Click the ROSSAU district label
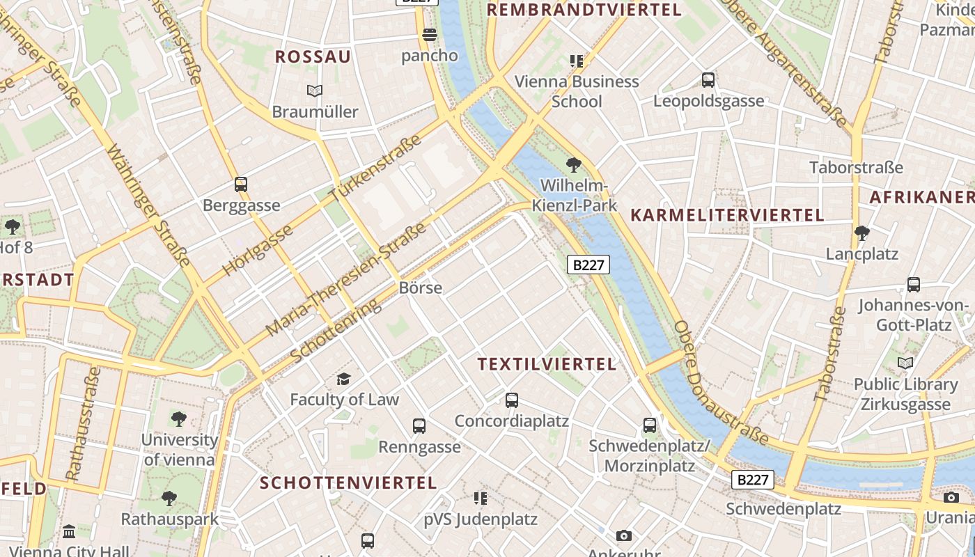coord(313,57)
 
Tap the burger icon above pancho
coord(430,34)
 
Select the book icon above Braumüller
coord(315,91)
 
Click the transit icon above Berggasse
coord(241,185)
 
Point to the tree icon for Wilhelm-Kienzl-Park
coord(574,165)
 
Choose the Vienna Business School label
coord(577,91)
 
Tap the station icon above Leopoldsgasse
coord(708,80)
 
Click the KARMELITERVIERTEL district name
coord(727,215)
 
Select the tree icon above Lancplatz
coord(862,233)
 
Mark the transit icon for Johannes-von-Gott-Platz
coord(913,285)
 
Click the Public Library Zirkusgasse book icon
coord(905,363)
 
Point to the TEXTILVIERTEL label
coord(547,364)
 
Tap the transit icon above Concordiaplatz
coord(512,400)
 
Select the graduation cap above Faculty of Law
coord(343,379)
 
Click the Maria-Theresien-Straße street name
coord(345,279)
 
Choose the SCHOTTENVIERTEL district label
coord(348,483)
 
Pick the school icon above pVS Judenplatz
coord(480,499)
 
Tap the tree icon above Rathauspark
coord(169,499)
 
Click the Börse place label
coord(421,288)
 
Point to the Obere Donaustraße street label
coord(720,384)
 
